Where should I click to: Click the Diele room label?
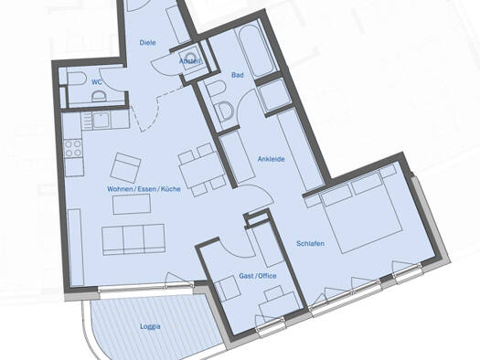pyautogui.click(x=147, y=42)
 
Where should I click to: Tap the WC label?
pyautogui.click(x=97, y=82)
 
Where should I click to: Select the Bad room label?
pyautogui.click(x=238, y=75)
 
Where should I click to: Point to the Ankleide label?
pyautogui.click(x=272, y=159)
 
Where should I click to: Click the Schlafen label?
pyautogui.click(x=311, y=243)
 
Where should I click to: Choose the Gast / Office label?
pyautogui.click(x=258, y=276)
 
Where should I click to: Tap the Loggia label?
pyautogui.click(x=150, y=326)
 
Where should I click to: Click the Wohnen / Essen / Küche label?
pyautogui.click(x=144, y=189)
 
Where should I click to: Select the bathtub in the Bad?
pyautogui.click(x=257, y=50)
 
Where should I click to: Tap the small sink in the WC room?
pyautogui.click(x=99, y=97)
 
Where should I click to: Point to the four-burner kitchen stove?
pyautogui.click(x=73, y=148)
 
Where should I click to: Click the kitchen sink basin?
pyautogui.click(x=101, y=121)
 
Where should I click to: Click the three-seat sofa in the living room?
pyautogui.click(x=133, y=239)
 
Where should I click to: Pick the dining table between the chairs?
pyautogui.click(x=201, y=172)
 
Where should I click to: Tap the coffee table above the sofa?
pyautogui.click(x=132, y=204)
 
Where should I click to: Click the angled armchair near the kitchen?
pyautogui.click(x=125, y=168)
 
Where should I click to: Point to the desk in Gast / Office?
pyautogui.click(x=279, y=306)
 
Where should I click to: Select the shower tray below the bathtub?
pyautogui.click(x=273, y=96)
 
